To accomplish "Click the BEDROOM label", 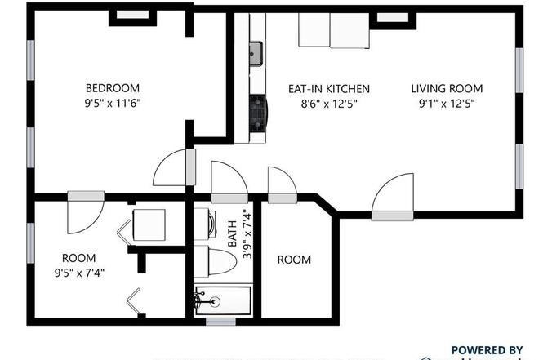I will click(x=113, y=88).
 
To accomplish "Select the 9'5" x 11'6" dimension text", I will click(x=113, y=104).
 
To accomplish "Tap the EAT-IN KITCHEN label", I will click(x=329, y=89).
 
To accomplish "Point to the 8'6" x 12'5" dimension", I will click(x=329, y=104).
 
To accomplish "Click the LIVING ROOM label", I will click(x=447, y=89).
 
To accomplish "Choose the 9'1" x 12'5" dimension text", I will click(x=447, y=104).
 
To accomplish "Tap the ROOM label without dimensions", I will click(x=294, y=260).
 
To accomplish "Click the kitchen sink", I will click(x=256, y=54).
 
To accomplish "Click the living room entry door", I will click(x=394, y=196).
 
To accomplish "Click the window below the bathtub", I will click(x=221, y=322).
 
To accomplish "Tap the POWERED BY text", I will click(x=487, y=349).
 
